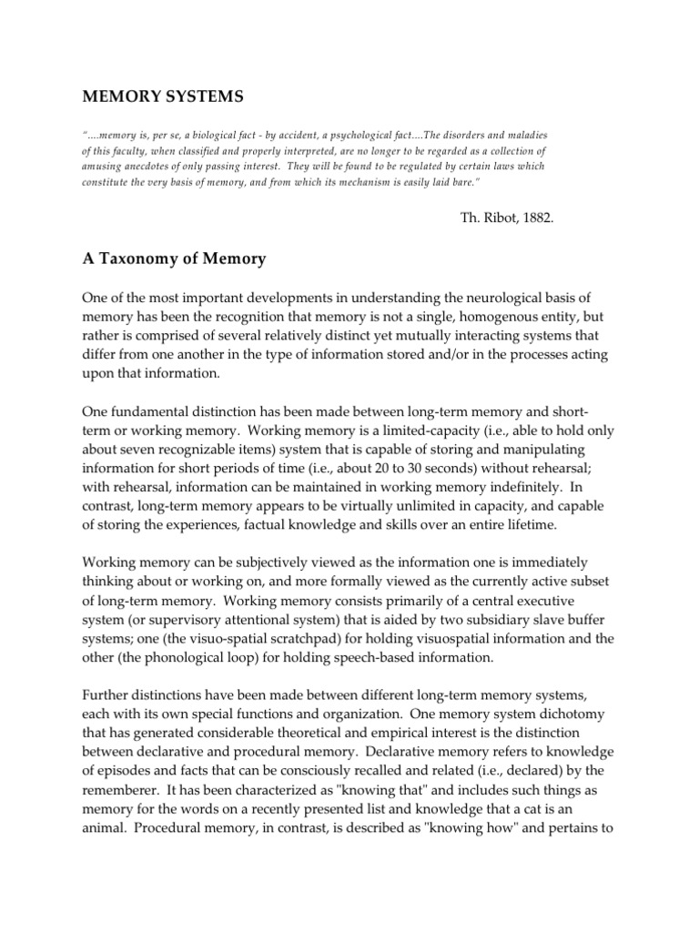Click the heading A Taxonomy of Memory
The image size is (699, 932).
[x=174, y=258]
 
